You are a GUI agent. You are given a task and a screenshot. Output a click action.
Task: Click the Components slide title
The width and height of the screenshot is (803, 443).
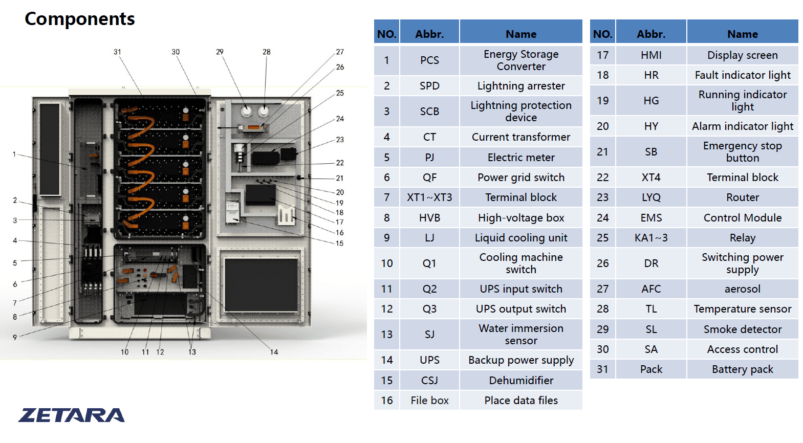pyautogui.click(x=80, y=19)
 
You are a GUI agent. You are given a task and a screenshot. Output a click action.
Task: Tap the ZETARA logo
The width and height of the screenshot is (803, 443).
pyautogui.click(x=71, y=415)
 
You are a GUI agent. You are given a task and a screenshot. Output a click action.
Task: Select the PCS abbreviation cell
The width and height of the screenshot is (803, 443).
pyautogui.click(x=429, y=60)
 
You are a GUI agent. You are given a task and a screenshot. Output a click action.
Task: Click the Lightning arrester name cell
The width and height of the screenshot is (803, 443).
pyautogui.click(x=521, y=86)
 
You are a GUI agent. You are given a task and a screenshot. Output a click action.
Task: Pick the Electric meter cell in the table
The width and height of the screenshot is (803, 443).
pyautogui.click(x=521, y=158)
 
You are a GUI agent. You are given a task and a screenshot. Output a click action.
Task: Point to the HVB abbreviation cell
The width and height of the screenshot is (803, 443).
pyautogui.click(x=429, y=218)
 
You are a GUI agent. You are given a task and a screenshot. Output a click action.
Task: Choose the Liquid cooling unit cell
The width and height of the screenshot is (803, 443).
pyautogui.click(x=521, y=238)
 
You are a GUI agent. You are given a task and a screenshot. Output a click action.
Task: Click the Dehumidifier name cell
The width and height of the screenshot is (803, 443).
pyautogui.click(x=521, y=381)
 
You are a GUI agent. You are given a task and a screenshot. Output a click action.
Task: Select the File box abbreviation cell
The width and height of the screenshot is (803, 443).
pyautogui.click(x=429, y=401)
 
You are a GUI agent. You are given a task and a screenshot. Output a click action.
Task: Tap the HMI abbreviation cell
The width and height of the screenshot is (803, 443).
pyautogui.click(x=651, y=55)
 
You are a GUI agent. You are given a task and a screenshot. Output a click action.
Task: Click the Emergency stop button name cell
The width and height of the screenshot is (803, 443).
pyautogui.click(x=742, y=152)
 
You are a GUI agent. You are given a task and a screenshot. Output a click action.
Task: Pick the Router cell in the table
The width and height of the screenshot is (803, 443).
pyautogui.click(x=742, y=197)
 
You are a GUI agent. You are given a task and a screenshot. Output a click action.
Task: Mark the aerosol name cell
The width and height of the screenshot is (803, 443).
pyautogui.click(x=742, y=289)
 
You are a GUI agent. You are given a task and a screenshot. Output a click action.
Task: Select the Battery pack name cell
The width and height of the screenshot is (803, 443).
pyautogui.click(x=742, y=369)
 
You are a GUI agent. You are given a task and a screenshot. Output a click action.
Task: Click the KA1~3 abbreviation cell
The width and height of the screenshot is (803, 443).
pyautogui.click(x=651, y=238)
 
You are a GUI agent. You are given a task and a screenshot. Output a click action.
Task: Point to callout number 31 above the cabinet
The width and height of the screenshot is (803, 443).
pyautogui.click(x=117, y=52)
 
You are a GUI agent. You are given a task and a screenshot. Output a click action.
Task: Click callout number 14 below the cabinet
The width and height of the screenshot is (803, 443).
pyautogui.click(x=274, y=352)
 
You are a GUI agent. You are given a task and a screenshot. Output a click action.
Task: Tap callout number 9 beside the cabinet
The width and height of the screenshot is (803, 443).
pyautogui.click(x=15, y=338)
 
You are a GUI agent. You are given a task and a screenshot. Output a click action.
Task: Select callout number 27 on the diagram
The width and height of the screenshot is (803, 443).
pyautogui.click(x=340, y=52)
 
